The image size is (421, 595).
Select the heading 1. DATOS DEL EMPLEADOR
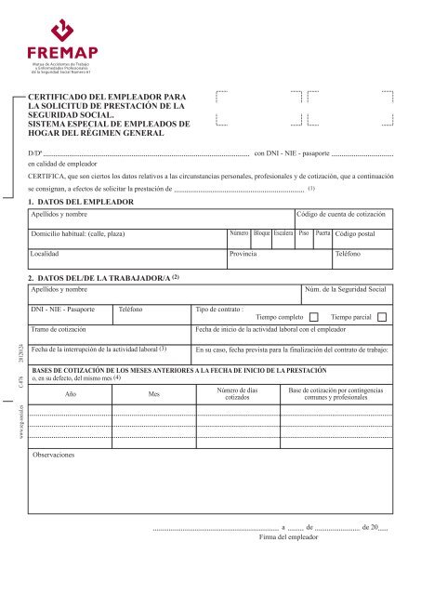[82, 201]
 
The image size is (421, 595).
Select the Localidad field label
[47, 253]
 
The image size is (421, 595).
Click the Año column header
[71, 394]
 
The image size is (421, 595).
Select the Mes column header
[154, 394]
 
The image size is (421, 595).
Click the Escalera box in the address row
[285, 233]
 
